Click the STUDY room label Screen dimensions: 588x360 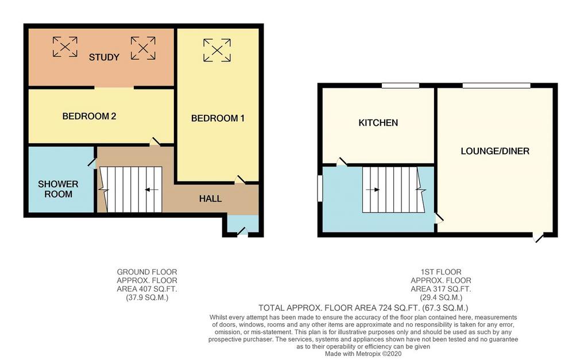[104, 57]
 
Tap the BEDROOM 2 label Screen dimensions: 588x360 [89, 116]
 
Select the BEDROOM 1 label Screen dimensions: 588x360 [218, 118]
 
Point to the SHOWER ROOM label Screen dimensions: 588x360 [58, 189]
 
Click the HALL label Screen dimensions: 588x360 [210, 199]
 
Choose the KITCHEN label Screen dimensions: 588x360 [378, 123]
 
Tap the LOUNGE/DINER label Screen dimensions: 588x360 [495, 151]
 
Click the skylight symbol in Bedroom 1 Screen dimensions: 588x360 [217, 50]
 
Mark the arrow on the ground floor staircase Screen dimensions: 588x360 [152, 189]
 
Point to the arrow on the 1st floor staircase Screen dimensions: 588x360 [373, 189]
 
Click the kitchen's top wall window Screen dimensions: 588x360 [400, 86]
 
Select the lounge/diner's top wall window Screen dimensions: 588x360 [497, 86]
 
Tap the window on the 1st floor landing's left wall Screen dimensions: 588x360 [320, 188]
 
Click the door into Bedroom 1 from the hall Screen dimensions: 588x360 [239, 180]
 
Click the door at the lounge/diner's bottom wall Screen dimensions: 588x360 [538, 237]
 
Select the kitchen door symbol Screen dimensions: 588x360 [342, 161]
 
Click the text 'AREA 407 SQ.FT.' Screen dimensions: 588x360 [146, 289]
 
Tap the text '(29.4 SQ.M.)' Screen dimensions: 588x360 [440, 298]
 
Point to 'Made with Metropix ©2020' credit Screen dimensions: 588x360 [363, 354]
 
